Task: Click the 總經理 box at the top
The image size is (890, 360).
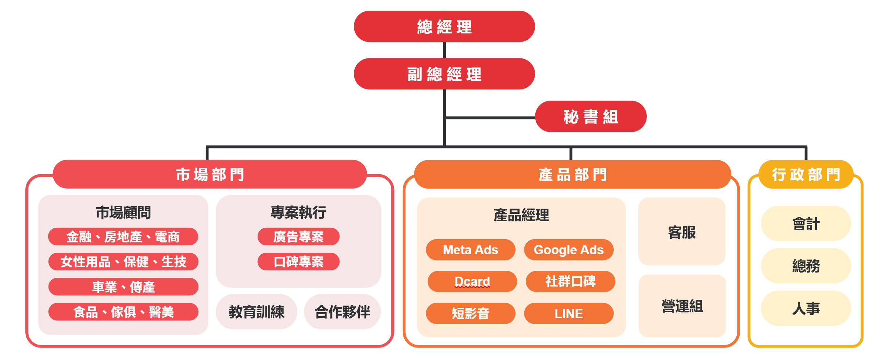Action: (x=444, y=26)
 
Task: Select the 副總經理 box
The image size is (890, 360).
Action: (x=444, y=74)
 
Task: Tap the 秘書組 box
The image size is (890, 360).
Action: (x=591, y=116)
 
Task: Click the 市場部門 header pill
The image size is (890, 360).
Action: (x=210, y=174)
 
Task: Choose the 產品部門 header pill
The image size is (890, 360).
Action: (x=573, y=174)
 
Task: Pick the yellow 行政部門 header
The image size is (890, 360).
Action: (x=806, y=174)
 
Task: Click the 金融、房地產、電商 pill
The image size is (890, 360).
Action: (x=123, y=237)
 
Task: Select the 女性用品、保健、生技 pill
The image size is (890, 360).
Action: (x=123, y=262)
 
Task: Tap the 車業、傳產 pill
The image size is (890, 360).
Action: (x=123, y=287)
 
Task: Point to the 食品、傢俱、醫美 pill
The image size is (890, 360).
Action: (x=123, y=312)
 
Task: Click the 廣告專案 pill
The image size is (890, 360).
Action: (x=298, y=237)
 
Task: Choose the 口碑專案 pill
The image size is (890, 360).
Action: (x=298, y=262)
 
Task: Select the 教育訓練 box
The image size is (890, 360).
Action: (x=256, y=312)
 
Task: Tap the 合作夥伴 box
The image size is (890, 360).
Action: (x=342, y=312)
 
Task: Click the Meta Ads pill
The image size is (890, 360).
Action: (x=470, y=250)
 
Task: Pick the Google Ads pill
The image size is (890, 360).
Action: (x=568, y=250)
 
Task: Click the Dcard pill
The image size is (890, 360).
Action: (x=472, y=281)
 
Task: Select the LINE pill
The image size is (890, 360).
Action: (x=568, y=313)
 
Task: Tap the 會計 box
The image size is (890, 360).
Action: (x=806, y=223)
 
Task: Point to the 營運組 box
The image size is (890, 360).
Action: (x=682, y=306)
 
